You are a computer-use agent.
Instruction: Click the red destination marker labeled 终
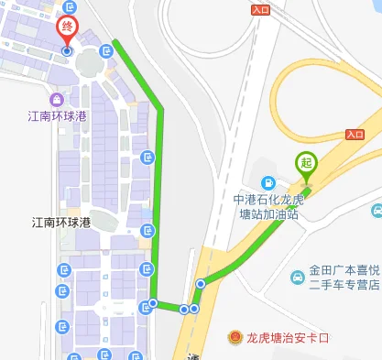click(x=67, y=29)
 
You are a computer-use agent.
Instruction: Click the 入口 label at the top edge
click(x=259, y=9)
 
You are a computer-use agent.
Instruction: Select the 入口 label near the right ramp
click(x=355, y=135)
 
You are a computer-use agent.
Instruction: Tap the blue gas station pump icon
click(x=267, y=181)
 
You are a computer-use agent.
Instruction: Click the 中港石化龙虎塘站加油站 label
click(x=267, y=207)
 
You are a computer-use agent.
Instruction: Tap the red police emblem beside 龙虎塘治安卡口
click(x=236, y=338)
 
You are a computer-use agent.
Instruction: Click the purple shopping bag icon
click(x=57, y=99)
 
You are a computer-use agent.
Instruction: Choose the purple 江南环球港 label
click(x=57, y=117)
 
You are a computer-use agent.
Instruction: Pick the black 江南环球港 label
click(x=61, y=223)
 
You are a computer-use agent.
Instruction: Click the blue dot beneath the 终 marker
click(x=67, y=51)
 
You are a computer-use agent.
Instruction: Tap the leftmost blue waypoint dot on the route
click(x=153, y=303)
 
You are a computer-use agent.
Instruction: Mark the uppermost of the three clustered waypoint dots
click(x=200, y=284)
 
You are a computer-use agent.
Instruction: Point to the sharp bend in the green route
click(x=161, y=109)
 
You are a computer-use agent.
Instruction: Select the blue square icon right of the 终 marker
click(x=108, y=50)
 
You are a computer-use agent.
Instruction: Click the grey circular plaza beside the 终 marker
click(x=89, y=61)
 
